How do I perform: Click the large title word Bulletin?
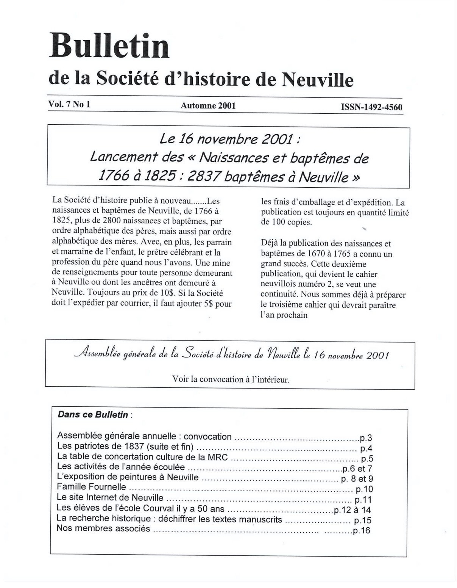click(x=109, y=46)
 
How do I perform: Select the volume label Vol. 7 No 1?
click(x=69, y=105)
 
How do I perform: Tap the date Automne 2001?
click(x=208, y=106)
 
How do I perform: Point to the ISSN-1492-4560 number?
click(x=371, y=107)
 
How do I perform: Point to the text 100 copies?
click(x=287, y=223)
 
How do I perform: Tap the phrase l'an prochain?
click(x=284, y=315)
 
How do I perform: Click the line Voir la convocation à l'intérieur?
click(x=231, y=379)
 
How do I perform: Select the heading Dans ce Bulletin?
click(x=93, y=415)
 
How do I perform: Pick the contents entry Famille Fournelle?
click(x=91, y=487)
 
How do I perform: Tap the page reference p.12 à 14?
click(x=352, y=510)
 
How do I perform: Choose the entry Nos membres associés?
click(x=103, y=528)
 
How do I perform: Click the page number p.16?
click(x=361, y=531)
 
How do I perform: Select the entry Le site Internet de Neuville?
click(x=110, y=497)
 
